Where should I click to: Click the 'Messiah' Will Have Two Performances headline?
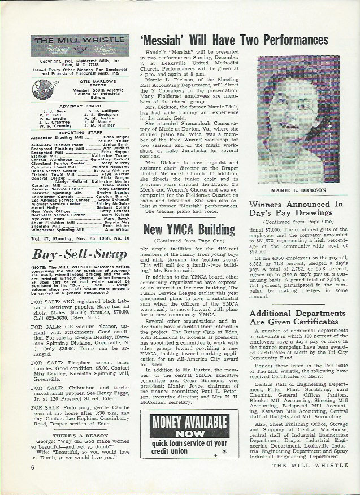click(x=233, y=41)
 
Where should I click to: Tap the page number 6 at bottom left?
click(x=33, y=467)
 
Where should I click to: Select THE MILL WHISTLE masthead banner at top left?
click(x=80, y=45)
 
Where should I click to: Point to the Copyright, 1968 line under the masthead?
click(x=80, y=59)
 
